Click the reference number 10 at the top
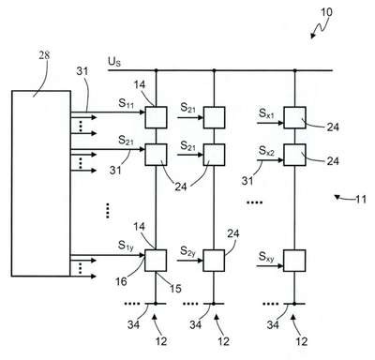coord(326,12)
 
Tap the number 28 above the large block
coord(44,55)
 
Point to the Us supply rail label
coord(114,61)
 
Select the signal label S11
coord(127,103)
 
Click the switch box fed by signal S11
coord(156,117)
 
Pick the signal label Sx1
coord(266,113)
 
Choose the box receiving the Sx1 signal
coord(294,117)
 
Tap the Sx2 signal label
coord(266,151)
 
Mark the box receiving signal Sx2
coord(294,155)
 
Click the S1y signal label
coord(126,246)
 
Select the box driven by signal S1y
coord(156,261)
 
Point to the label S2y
coord(187,251)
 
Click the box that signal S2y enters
coord(214,261)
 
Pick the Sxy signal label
coord(266,257)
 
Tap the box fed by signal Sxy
coord(294,261)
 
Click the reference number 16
coord(122,281)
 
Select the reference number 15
coord(175,288)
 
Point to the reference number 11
coord(361,199)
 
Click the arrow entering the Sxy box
coord(270,266)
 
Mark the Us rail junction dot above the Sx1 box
coord(294,70)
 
